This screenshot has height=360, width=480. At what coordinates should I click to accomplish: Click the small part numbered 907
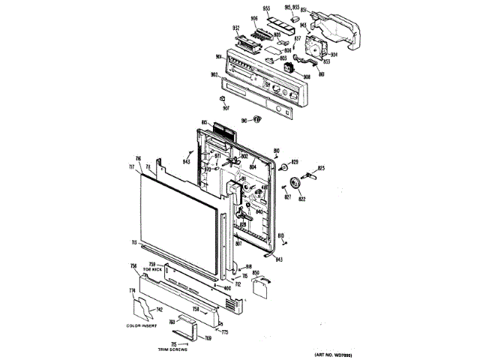click(223, 97)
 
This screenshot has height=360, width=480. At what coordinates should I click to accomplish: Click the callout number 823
click(321, 168)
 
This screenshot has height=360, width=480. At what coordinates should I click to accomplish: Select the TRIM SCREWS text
click(172, 349)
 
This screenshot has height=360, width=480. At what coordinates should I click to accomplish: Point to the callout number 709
click(208, 339)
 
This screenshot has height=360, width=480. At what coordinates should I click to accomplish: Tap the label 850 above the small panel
click(256, 272)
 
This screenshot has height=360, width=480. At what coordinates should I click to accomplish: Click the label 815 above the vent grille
click(204, 122)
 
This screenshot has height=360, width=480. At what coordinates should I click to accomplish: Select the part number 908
click(307, 76)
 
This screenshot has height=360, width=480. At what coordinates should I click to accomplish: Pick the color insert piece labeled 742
click(142, 307)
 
